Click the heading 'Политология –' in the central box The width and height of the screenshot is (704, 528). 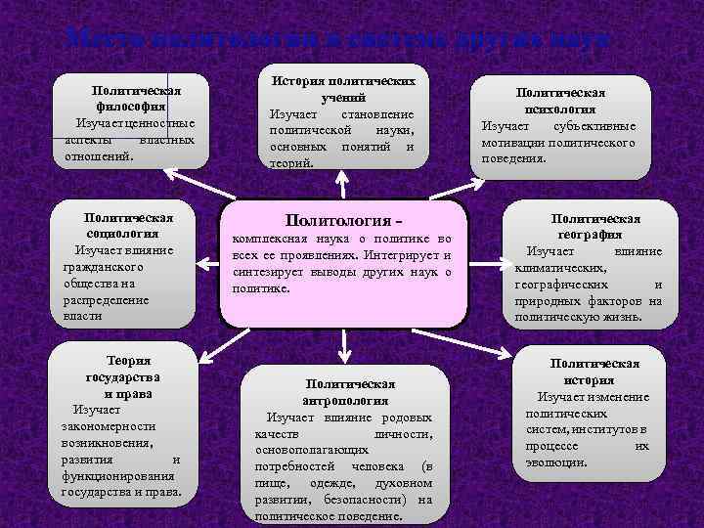342,219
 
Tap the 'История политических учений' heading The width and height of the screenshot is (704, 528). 343,90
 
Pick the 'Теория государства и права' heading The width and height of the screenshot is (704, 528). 121,376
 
